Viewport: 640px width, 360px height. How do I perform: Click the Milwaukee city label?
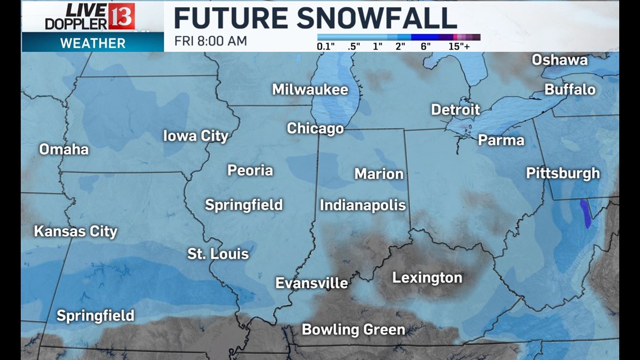tap(310, 90)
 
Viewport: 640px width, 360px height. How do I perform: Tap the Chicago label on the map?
tap(315, 129)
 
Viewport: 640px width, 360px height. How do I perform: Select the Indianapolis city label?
tap(363, 206)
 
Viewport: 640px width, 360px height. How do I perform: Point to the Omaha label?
tap(64, 149)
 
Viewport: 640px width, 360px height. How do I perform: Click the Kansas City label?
tap(76, 231)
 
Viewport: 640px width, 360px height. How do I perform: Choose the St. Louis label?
tap(218, 254)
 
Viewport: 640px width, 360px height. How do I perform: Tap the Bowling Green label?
tap(353, 330)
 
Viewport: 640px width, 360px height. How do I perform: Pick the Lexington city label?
tap(427, 277)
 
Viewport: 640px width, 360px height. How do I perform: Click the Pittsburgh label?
tap(563, 174)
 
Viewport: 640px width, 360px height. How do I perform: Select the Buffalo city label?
tap(570, 90)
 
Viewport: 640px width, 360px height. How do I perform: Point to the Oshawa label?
tap(559, 60)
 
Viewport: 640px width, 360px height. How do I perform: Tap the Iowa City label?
tap(195, 136)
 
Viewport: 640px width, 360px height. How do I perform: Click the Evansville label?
tap(312, 283)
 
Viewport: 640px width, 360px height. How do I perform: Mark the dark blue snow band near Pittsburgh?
tap(586, 213)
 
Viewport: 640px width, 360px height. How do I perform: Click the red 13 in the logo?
tap(121, 16)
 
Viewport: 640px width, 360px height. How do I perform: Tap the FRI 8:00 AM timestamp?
tap(211, 41)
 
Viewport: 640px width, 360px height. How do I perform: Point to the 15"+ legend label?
tap(459, 47)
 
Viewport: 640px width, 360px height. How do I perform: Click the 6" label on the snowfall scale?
tap(426, 47)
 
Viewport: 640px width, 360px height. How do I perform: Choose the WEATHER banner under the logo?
tap(93, 43)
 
